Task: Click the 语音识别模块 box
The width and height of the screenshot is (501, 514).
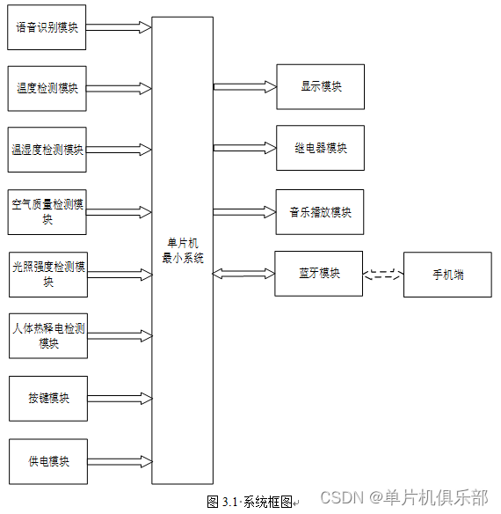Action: [x=47, y=26]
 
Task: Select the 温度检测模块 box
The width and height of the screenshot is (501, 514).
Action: [x=47, y=87]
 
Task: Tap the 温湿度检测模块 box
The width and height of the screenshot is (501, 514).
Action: [x=47, y=150]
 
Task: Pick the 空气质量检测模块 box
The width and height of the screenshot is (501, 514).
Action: [x=47, y=212]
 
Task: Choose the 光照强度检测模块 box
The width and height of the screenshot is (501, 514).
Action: [x=47, y=274]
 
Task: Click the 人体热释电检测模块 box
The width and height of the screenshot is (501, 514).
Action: [x=47, y=335]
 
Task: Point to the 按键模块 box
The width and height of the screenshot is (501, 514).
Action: [x=47, y=398]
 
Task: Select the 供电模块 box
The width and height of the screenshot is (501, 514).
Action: [x=47, y=460]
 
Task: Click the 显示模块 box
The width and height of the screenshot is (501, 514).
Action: [x=320, y=86]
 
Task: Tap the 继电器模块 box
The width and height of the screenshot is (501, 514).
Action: [x=320, y=148]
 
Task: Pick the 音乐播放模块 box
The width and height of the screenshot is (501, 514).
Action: [x=320, y=211]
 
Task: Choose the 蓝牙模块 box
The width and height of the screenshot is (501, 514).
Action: [x=319, y=274]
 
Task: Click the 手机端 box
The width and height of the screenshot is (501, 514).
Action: [x=447, y=275]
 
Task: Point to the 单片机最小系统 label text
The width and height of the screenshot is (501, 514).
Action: [x=182, y=251]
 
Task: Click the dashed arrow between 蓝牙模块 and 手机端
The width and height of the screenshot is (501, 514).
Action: [x=383, y=274]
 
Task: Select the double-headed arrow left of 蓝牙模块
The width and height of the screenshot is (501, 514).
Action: [x=243, y=275]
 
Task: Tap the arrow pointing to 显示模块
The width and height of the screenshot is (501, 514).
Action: [x=243, y=86]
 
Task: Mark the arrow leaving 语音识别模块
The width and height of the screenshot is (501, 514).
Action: [x=119, y=26]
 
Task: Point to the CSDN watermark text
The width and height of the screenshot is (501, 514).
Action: [x=403, y=498]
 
